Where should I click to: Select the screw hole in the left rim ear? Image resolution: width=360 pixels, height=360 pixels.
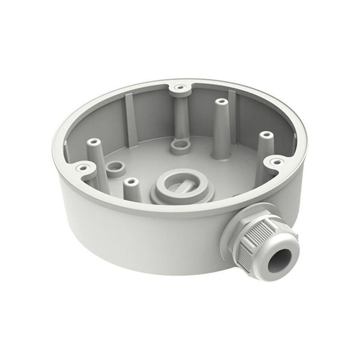point(81,168)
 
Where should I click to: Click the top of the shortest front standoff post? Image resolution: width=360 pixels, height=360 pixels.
point(131,182)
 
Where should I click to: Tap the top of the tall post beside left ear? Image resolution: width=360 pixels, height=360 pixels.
point(94,142)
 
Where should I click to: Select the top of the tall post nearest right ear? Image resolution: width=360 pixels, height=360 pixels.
point(266,135)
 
